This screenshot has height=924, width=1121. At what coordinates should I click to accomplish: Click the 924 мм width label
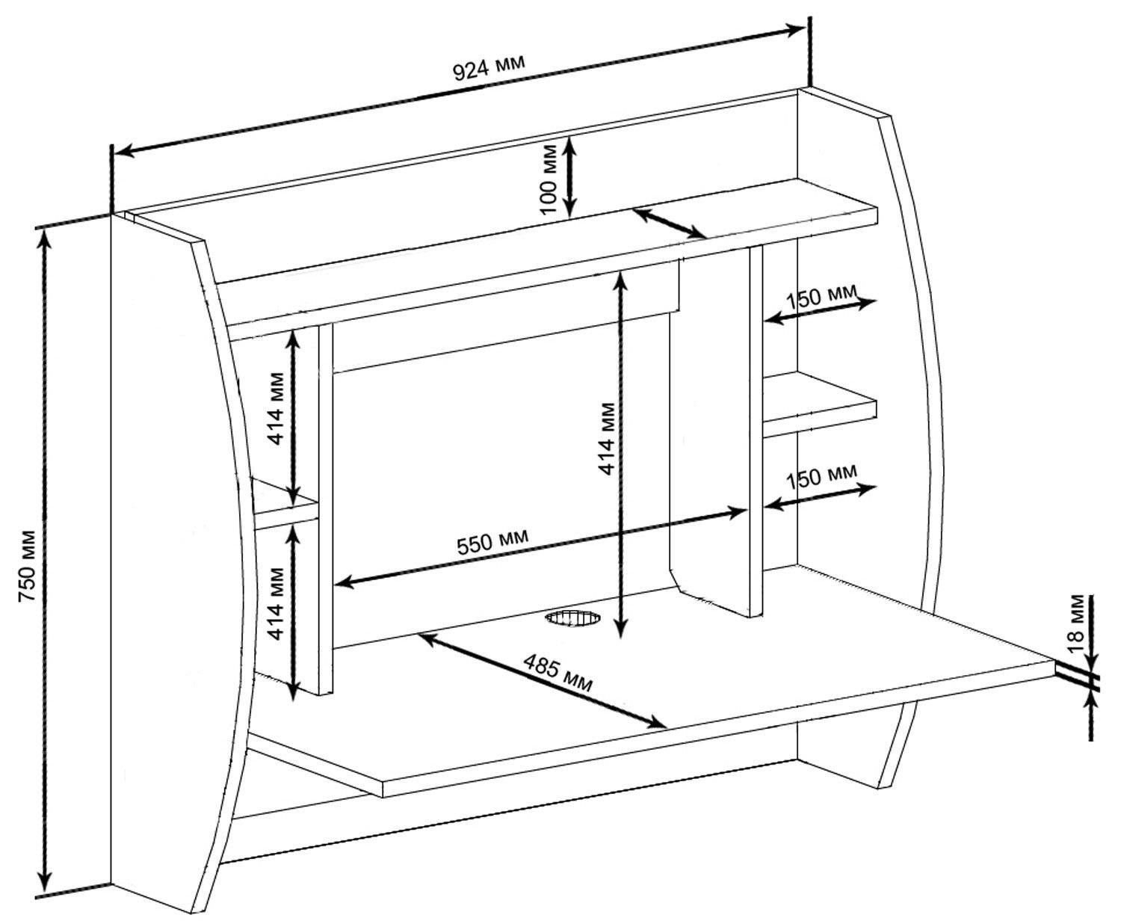489,67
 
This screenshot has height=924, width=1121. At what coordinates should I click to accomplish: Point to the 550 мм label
492,541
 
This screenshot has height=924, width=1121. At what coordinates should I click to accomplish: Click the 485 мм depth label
558,672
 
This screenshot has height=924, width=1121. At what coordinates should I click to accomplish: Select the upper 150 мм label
821,295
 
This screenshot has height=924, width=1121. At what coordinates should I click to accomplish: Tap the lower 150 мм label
821,478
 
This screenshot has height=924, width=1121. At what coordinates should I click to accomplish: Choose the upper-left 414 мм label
276,408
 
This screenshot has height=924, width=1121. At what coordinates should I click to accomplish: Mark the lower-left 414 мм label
276,603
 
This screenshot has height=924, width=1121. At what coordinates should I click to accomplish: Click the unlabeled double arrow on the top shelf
669,223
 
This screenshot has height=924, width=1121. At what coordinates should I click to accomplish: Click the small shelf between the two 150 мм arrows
820,404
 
